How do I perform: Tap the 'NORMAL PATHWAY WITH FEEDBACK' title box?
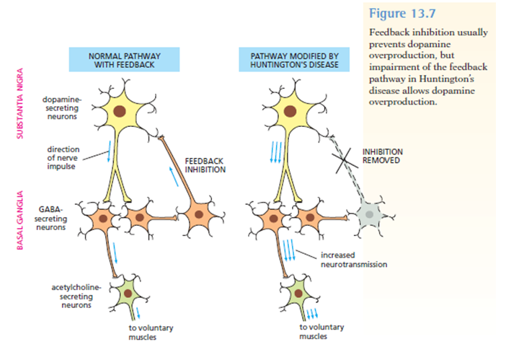pyautogui.click(x=115, y=60)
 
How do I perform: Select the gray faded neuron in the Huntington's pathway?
pyautogui.click(x=370, y=214)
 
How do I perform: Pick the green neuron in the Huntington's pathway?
pyautogui.click(x=293, y=294)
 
